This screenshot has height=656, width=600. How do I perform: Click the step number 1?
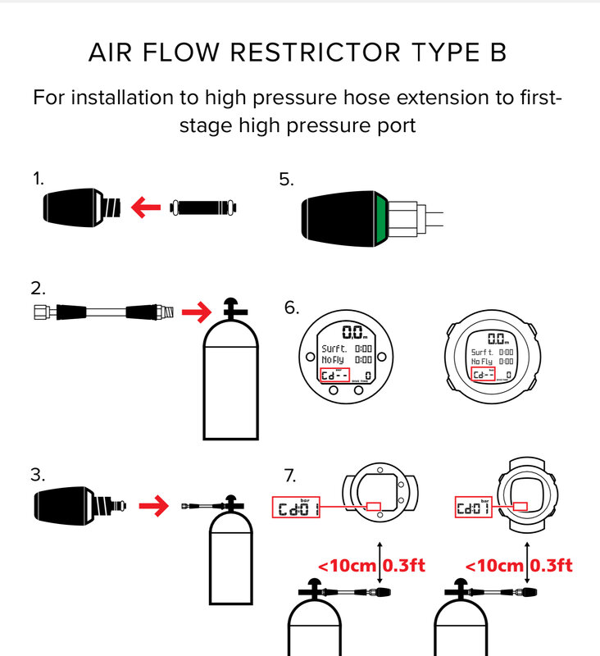click(x=38, y=178)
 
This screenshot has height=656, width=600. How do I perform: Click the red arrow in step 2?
click(x=196, y=312)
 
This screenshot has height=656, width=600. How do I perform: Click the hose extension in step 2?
click(x=102, y=312)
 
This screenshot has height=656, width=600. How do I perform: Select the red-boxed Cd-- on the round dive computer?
click(x=334, y=376)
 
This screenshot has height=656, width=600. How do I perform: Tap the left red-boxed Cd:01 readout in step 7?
click(x=295, y=508)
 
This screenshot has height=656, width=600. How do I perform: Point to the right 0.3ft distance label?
click(x=552, y=565)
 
